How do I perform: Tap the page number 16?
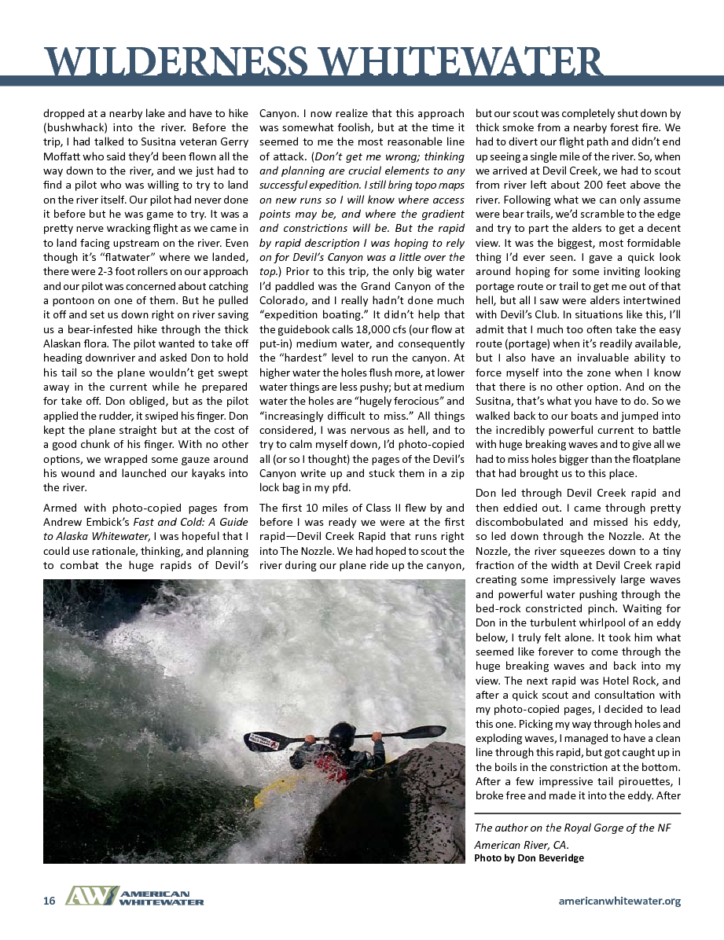[x=49, y=901]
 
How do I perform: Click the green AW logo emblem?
[x=90, y=897]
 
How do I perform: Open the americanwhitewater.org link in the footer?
[x=619, y=901]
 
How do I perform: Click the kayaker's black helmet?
[x=340, y=734]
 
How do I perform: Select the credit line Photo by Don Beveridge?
[x=528, y=857]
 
